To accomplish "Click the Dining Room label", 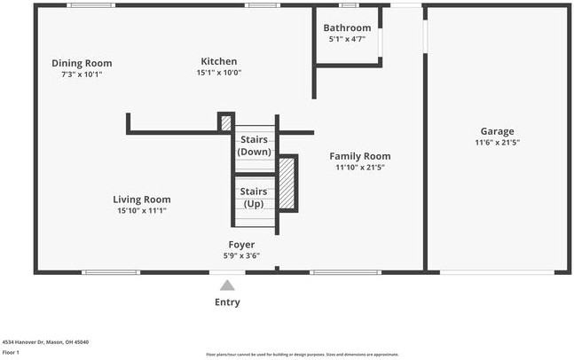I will (82, 63).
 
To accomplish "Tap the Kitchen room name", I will (218, 61).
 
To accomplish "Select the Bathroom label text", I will (347, 28).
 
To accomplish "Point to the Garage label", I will (497, 131).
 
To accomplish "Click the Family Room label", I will (360, 156).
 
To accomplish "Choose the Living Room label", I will (142, 200).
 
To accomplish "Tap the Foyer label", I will (241, 245).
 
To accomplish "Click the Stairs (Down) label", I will (254, 145).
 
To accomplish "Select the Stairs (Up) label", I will (254, 198).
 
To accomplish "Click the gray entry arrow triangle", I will (227, 286).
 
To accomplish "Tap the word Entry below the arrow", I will (227, 302).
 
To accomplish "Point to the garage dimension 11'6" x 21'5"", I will (497, 143).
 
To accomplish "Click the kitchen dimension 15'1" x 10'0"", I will (218, 73).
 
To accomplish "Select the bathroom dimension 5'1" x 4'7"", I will (347, 40).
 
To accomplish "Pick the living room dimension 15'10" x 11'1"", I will (142, 211).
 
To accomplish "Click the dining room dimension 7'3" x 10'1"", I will (82, 74).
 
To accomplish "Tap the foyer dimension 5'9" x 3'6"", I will (241, 256).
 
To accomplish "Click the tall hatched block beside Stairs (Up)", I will (287, 183).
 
